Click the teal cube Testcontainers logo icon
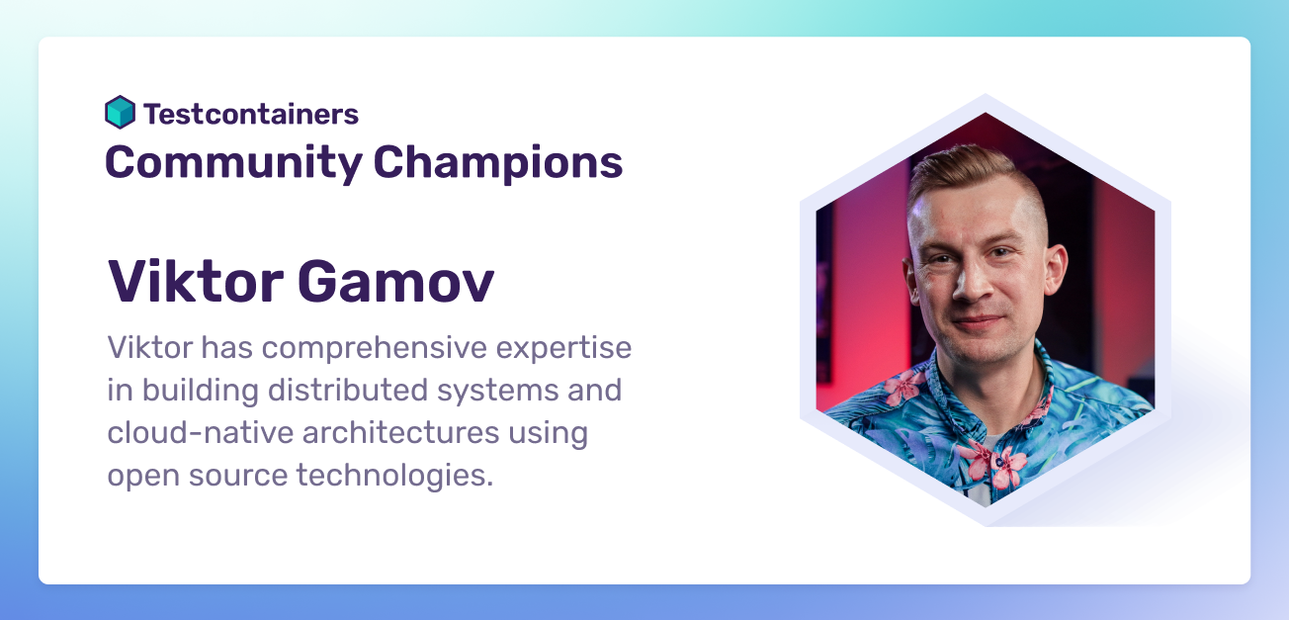pos(120,113)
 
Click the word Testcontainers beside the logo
pos(251,114)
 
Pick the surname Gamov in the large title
pos(395,282)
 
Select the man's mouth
pos(979,321)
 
